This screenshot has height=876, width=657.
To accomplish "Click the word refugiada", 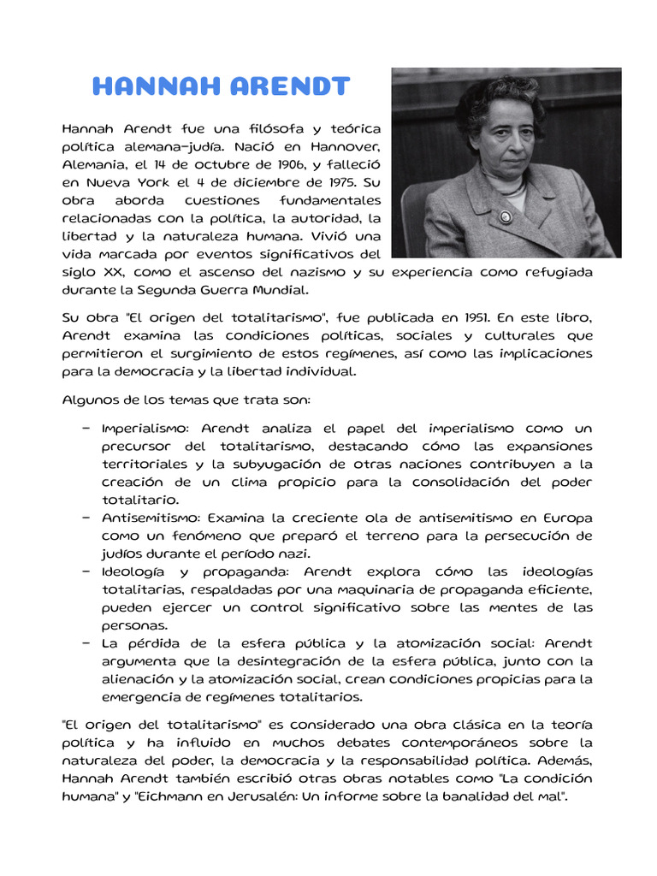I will pos(551,272).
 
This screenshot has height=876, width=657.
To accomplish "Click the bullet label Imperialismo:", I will pos(148,428).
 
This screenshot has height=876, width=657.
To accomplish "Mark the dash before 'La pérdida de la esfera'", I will pos(86,643).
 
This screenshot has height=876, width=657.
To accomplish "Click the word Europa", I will pos(566,518).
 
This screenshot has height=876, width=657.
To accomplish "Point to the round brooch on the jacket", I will pos(505,217).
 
